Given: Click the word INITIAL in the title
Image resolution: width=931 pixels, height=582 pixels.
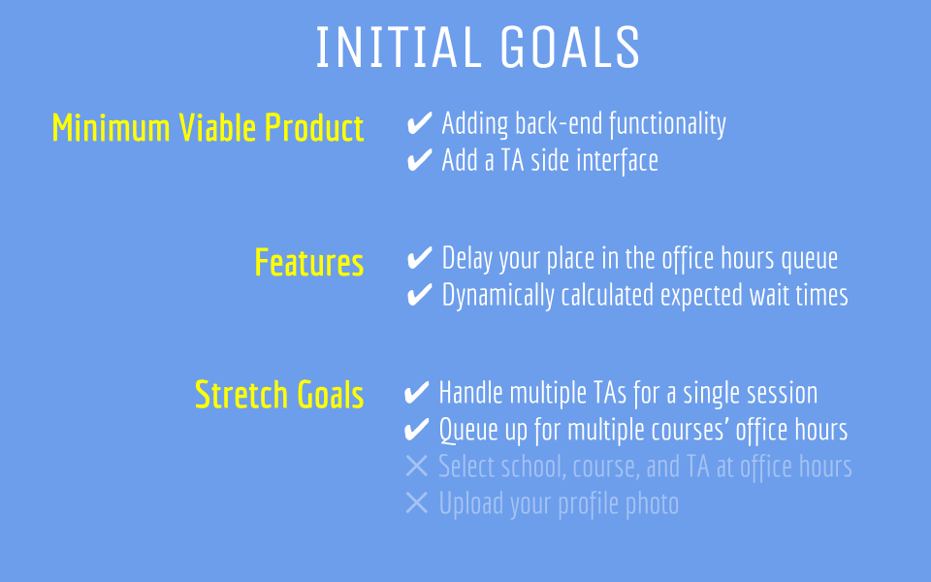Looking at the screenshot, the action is coord(399,47).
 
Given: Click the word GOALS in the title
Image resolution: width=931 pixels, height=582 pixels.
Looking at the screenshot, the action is coord(570,47).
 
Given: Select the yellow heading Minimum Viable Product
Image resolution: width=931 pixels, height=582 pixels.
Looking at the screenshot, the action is coord(208,128).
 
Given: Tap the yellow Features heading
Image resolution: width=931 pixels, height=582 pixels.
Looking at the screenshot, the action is coord(308,263).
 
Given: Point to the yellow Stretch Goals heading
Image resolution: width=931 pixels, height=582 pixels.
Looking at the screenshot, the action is coord(279,395).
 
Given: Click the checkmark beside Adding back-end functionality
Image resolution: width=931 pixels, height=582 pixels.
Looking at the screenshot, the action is coord(419,123).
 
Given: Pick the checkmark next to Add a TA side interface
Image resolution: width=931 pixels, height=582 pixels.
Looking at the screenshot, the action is coord(419,160).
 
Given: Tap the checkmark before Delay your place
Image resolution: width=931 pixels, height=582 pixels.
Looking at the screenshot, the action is coord(419,258).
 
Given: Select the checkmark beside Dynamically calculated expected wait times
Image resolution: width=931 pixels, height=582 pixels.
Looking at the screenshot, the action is coord(419,295).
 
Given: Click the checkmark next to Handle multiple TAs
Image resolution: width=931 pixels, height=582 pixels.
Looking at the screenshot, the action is coord(416,393).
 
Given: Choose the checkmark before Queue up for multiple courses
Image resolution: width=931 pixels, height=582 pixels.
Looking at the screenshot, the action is coord(416,430).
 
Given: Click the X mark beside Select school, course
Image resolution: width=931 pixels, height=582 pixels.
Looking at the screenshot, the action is coord(416,467).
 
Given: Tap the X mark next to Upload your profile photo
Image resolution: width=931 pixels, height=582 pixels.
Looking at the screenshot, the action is coord(416,503).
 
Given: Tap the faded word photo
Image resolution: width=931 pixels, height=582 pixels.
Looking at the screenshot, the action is coord(652,504).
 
